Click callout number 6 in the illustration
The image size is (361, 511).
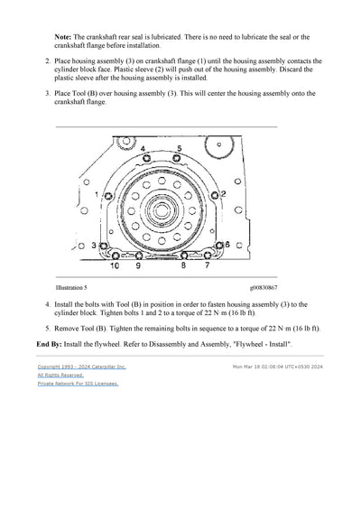(227, 245)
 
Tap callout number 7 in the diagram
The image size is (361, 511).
(208, 267)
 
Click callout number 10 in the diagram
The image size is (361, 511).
(115, 267)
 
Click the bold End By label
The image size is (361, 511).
(50, 347)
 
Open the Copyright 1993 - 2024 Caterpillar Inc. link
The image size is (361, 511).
(81, 367)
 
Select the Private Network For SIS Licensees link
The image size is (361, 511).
(78, 383)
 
